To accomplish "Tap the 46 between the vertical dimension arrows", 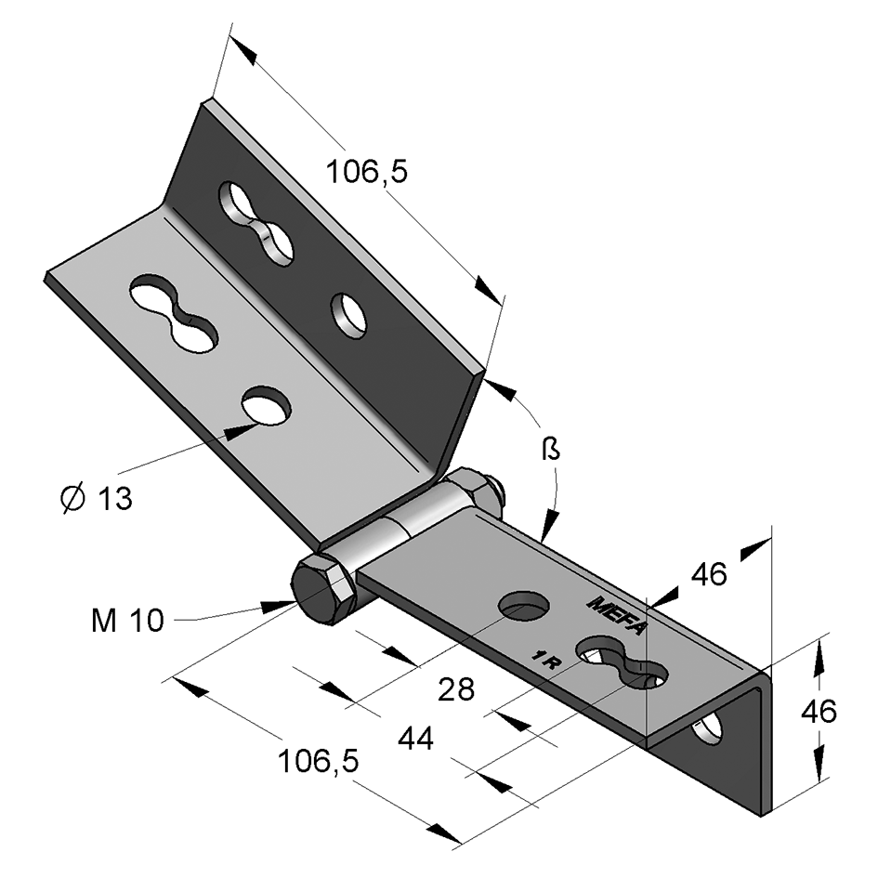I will [819, 712].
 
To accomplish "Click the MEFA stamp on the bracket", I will [616, 614].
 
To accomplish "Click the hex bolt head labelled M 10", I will [322, 591].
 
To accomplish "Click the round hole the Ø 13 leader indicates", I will [267, 406].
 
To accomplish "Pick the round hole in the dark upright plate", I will [349, 316].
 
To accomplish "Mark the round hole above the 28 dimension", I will [524, 606].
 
